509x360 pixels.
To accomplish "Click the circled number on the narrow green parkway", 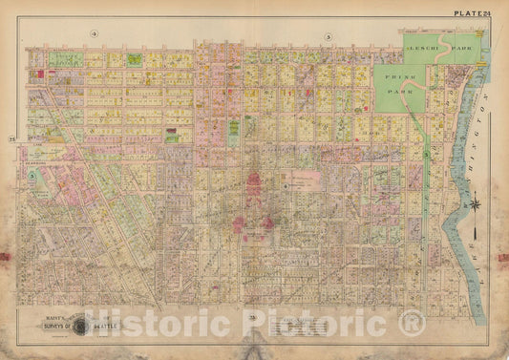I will pyautogui.click(x=428, y=153).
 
